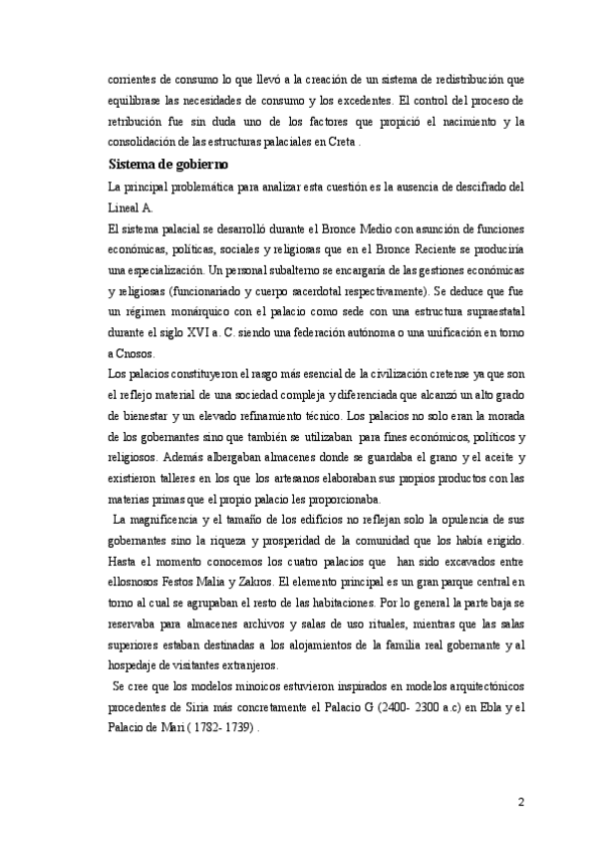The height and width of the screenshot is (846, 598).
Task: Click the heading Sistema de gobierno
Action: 168,165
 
